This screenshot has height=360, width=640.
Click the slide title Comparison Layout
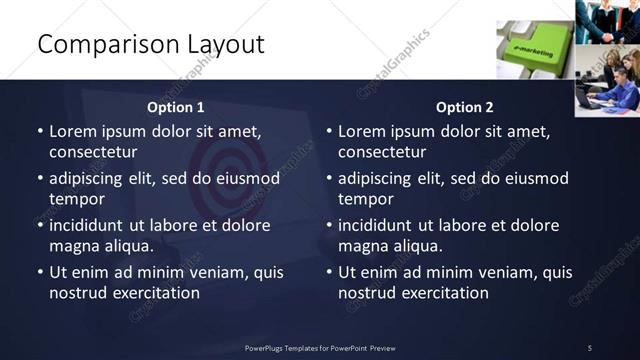150,44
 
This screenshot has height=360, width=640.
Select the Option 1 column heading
176,107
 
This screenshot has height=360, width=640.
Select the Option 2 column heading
465,107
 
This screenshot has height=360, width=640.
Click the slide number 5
589,347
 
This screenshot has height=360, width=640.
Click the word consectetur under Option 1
93,152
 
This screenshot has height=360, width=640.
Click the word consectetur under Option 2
382,152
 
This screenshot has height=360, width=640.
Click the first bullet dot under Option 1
40,132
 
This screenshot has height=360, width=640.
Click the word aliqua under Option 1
128,246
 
